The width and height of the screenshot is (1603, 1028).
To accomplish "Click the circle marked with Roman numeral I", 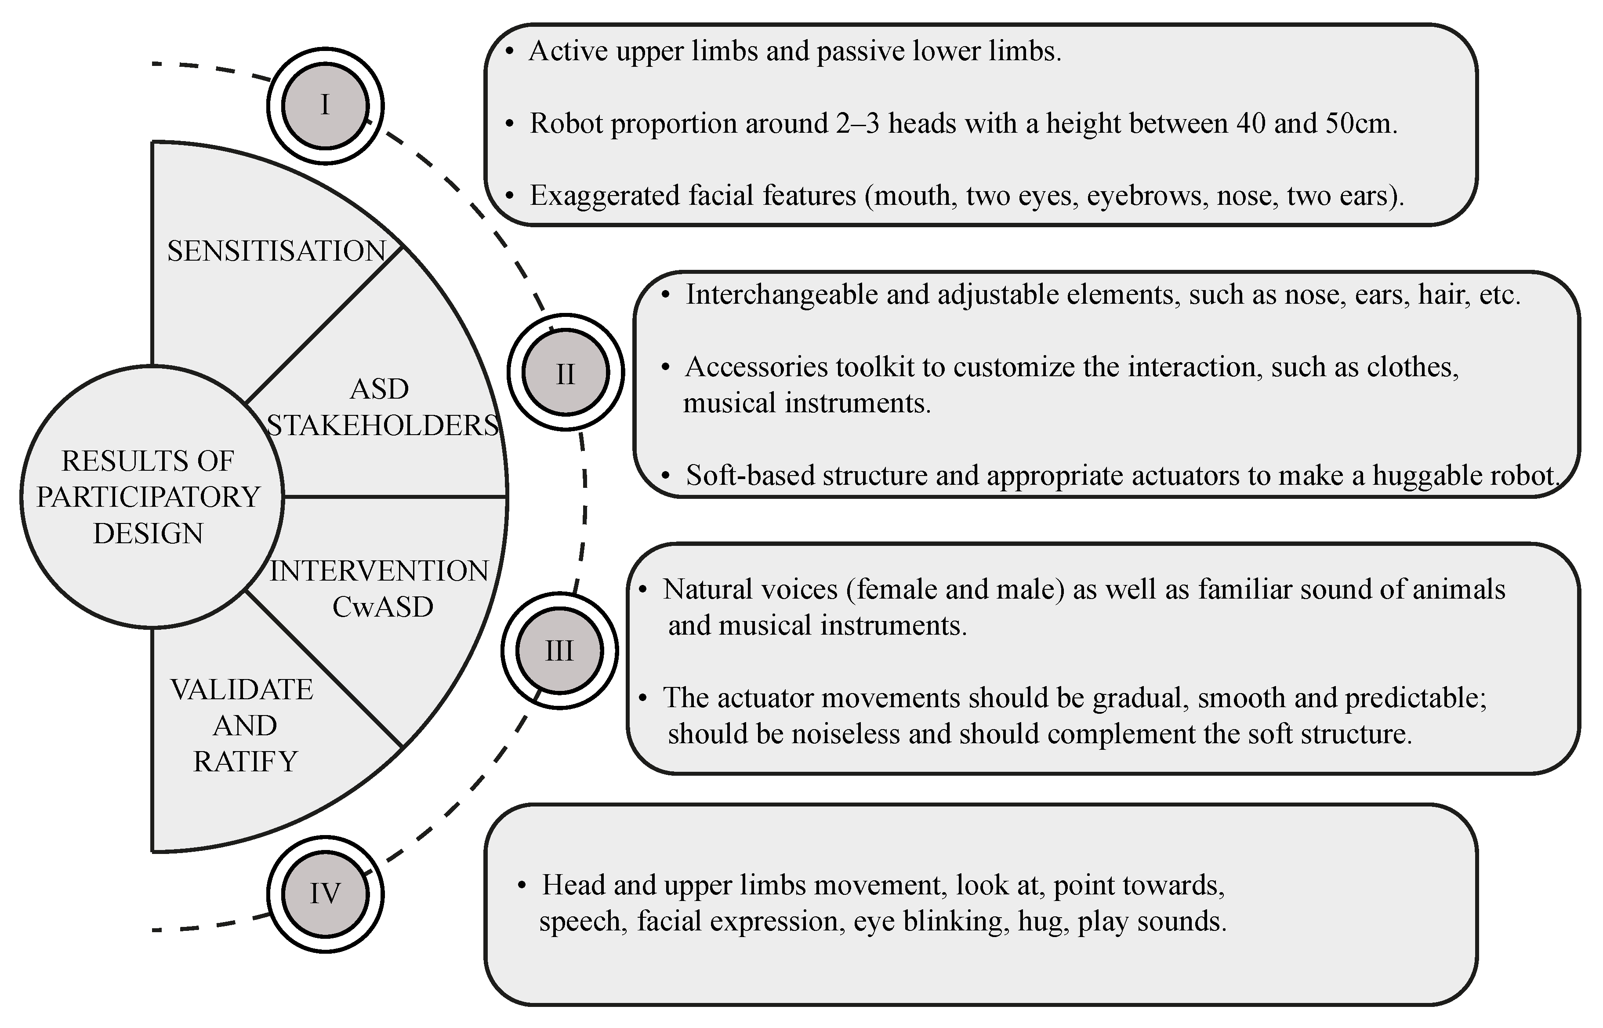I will (325, 105).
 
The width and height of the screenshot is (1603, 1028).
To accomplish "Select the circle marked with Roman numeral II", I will (565, 373).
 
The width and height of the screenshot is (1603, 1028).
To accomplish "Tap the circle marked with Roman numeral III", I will (559, 650).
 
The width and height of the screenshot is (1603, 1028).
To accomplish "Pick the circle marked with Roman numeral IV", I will (325, 893).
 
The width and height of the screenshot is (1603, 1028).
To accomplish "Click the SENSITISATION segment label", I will (276, 251).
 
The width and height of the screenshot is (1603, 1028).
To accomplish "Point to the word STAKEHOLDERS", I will (383, 425).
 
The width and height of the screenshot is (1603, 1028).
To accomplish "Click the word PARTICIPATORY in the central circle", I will (148, 497).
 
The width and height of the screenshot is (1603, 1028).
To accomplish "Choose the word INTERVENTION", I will (379, 571).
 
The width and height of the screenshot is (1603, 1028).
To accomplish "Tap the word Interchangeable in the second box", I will (781, 294).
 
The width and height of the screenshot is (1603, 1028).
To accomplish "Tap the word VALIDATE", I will (242, 690).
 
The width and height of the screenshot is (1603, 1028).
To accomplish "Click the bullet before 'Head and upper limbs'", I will (522, 886).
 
